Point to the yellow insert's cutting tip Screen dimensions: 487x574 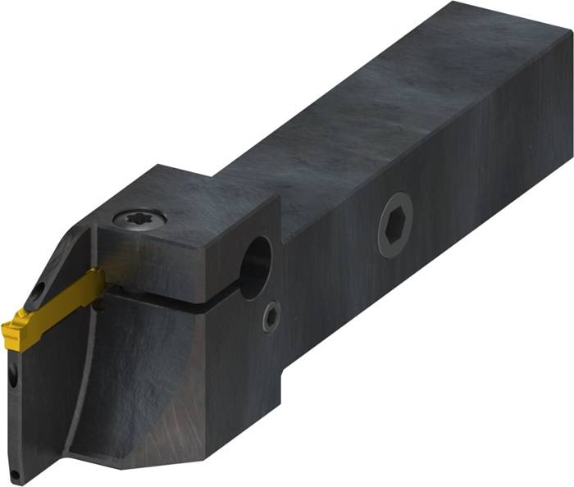(x=10, y=332)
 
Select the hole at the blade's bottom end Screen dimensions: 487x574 (x=15, y=475)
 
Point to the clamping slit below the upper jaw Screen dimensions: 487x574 (x=197, y=301)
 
